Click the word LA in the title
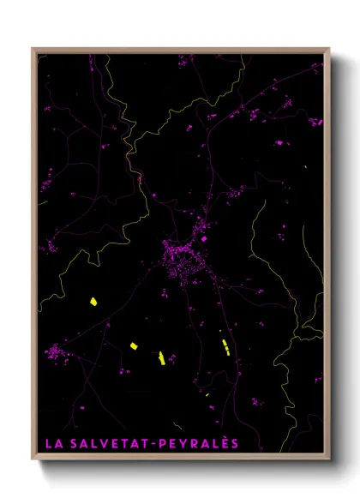[52, 444]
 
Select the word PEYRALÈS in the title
[201, 444]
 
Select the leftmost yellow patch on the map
[93, 302]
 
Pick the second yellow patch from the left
[135, 345]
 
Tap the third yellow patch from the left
[161, 357]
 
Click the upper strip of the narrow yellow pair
[225, 343]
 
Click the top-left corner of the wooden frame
[33, 50]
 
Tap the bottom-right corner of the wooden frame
[329, 459]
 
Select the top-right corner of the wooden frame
[329, 50]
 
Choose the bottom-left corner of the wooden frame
[33, 459]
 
